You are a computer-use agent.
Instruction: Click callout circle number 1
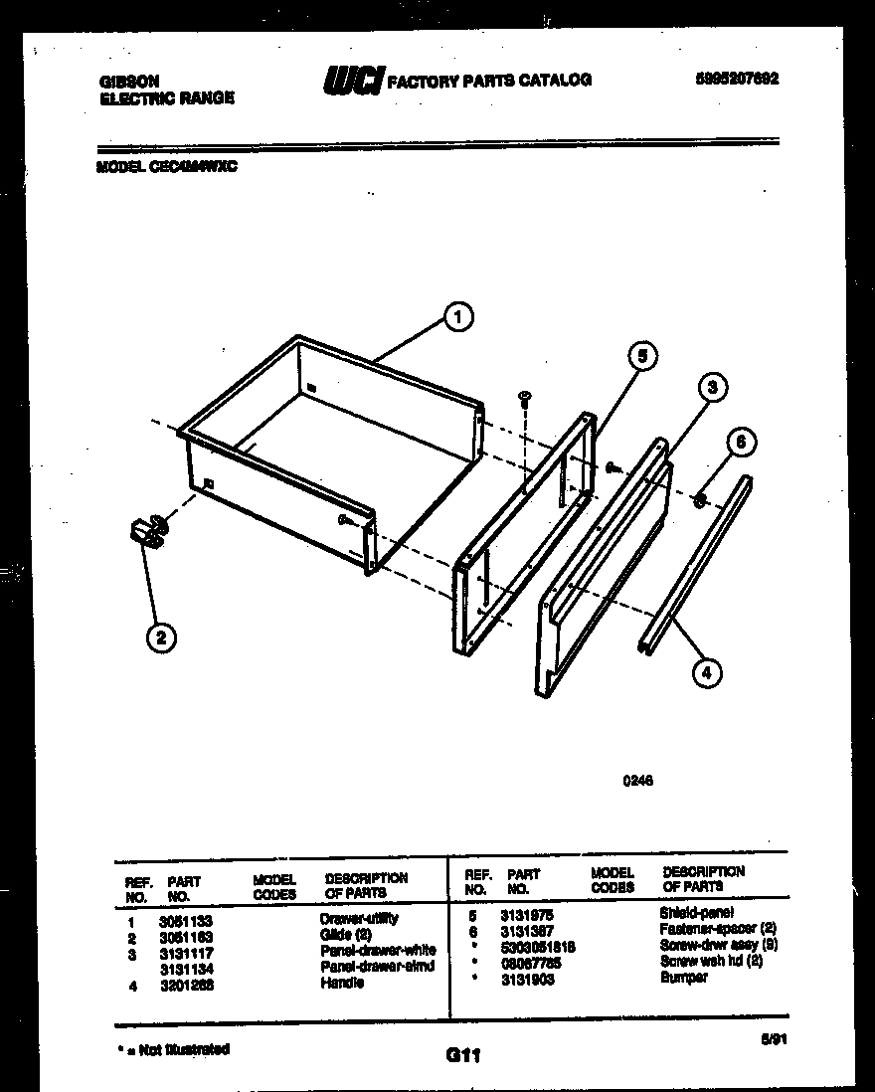[456, 318]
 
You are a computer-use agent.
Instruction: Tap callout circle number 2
[159, 637]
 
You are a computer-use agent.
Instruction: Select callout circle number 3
[712, 387]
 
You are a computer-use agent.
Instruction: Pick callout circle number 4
[705, 673]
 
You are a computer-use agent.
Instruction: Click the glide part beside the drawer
[146, 531]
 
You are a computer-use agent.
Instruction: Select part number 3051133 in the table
[185, 921]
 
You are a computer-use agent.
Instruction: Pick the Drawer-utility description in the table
[358, 919]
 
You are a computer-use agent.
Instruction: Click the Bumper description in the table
[683, 978]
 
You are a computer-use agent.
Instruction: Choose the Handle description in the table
[342, 983]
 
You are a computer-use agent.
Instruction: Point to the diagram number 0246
[636, 781]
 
